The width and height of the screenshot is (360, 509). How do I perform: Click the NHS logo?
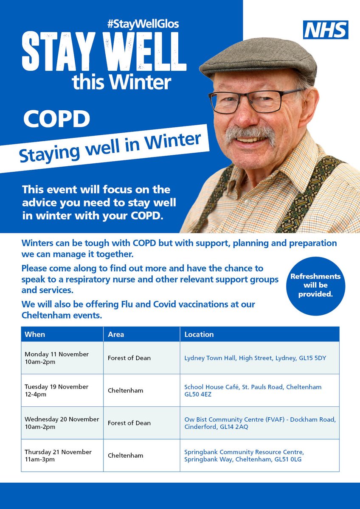(326, 30)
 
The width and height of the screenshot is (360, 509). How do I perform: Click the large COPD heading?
(56, 119)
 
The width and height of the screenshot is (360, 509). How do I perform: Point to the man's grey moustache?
(250, 135)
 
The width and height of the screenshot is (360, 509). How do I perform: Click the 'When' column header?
(35, 334)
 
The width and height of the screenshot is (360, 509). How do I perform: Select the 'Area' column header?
(116, 334)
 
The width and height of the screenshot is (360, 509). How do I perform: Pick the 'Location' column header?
(199, 334)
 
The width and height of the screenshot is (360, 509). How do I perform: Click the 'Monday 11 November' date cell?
(56, 358)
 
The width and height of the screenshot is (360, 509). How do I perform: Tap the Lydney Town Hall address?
(255, 358)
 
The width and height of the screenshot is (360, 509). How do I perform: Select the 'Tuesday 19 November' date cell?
(56, 390)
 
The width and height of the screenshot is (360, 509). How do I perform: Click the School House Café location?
(253, 390)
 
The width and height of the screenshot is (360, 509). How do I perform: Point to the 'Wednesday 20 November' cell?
(62, 423)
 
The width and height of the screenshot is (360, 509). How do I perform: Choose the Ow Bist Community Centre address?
(260, 423)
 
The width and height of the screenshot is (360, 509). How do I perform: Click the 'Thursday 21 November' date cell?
(58, 456)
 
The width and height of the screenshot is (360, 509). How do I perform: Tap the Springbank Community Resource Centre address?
(244, 456)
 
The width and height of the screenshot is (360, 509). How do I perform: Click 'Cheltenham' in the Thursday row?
(125, 456)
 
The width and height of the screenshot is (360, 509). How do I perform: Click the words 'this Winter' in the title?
(121, 81)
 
